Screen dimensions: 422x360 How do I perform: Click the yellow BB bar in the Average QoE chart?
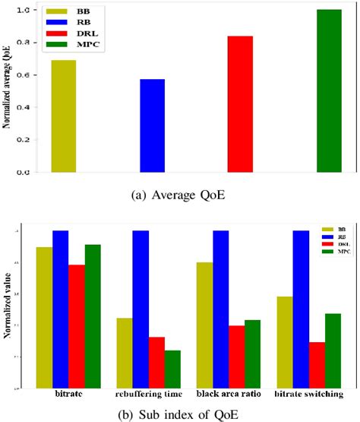(63, 116)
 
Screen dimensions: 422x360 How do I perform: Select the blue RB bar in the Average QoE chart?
(152, 126)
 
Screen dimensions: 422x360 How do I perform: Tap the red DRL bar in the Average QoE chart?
(240, 104)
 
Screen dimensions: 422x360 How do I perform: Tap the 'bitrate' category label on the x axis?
(69, 395)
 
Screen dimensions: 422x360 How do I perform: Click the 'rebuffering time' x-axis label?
(149, 395)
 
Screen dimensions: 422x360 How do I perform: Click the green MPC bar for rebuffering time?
(172, 369)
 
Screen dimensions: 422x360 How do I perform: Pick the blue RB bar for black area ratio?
(220, 309)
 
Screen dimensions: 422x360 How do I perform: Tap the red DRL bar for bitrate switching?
(316, 365)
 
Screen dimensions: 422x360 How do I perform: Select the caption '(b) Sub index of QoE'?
(181, 414)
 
